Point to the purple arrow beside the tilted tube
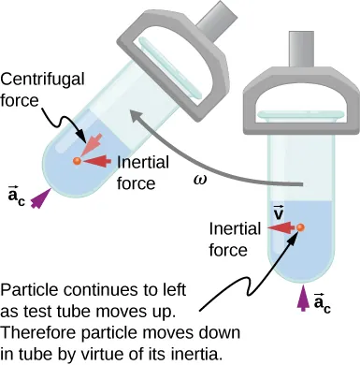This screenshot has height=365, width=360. [x=38, y=197]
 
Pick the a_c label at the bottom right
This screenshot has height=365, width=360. [x=321, y=301]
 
